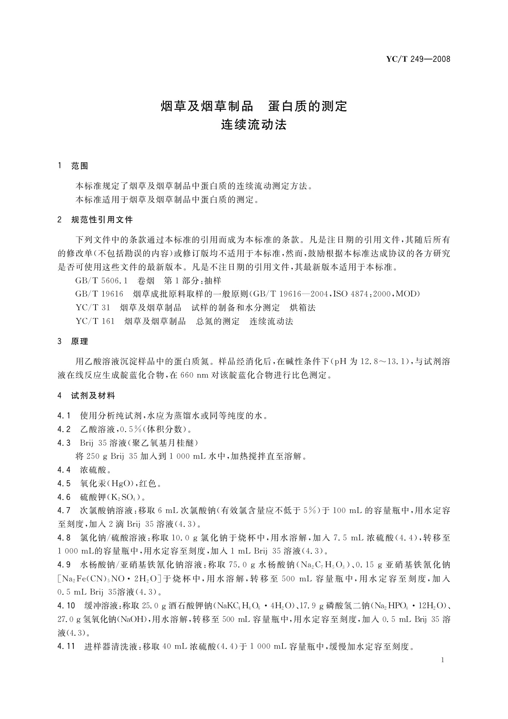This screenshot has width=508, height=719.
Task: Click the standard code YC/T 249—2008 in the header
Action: pyautogui.click(x=418, y=59)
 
